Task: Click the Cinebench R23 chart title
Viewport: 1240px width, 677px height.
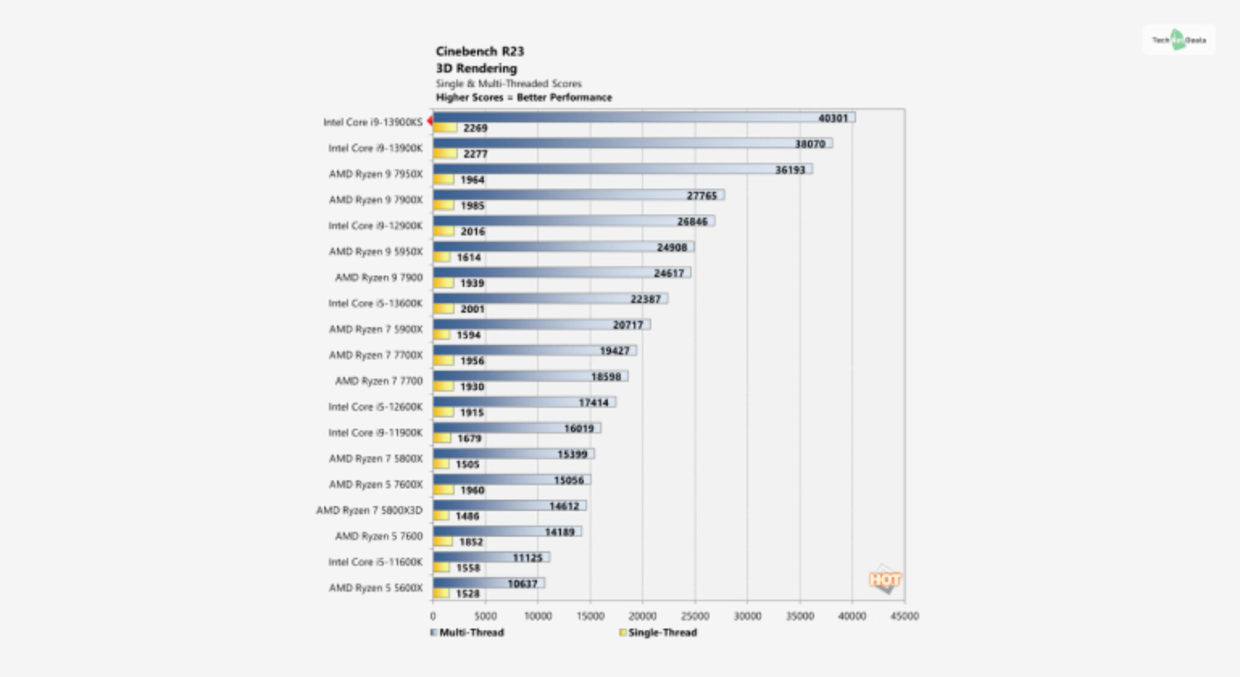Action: point(480,51)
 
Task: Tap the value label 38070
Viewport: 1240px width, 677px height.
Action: point(810,144)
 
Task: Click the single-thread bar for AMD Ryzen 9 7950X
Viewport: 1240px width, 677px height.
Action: point(443,180)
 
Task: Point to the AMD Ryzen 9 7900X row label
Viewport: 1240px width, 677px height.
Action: point(375,200)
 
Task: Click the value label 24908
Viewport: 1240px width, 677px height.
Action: point(671,247)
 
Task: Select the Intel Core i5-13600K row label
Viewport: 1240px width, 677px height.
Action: point(375,303)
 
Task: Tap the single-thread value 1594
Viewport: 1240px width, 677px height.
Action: point(468,335)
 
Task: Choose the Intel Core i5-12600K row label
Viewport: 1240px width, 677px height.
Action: point(375,407)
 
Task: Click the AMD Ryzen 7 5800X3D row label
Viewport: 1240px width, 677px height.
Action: point(369,510)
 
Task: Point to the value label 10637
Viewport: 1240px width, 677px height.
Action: point(522,584)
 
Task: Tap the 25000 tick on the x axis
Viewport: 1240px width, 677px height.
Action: point(695,616)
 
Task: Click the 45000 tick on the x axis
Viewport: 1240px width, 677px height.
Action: point(905,616)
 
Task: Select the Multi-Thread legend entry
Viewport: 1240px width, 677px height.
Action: point(467,632)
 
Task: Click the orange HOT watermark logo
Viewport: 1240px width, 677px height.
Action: point(885,580)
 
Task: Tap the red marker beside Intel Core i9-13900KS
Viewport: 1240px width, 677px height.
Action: point(429,121)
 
